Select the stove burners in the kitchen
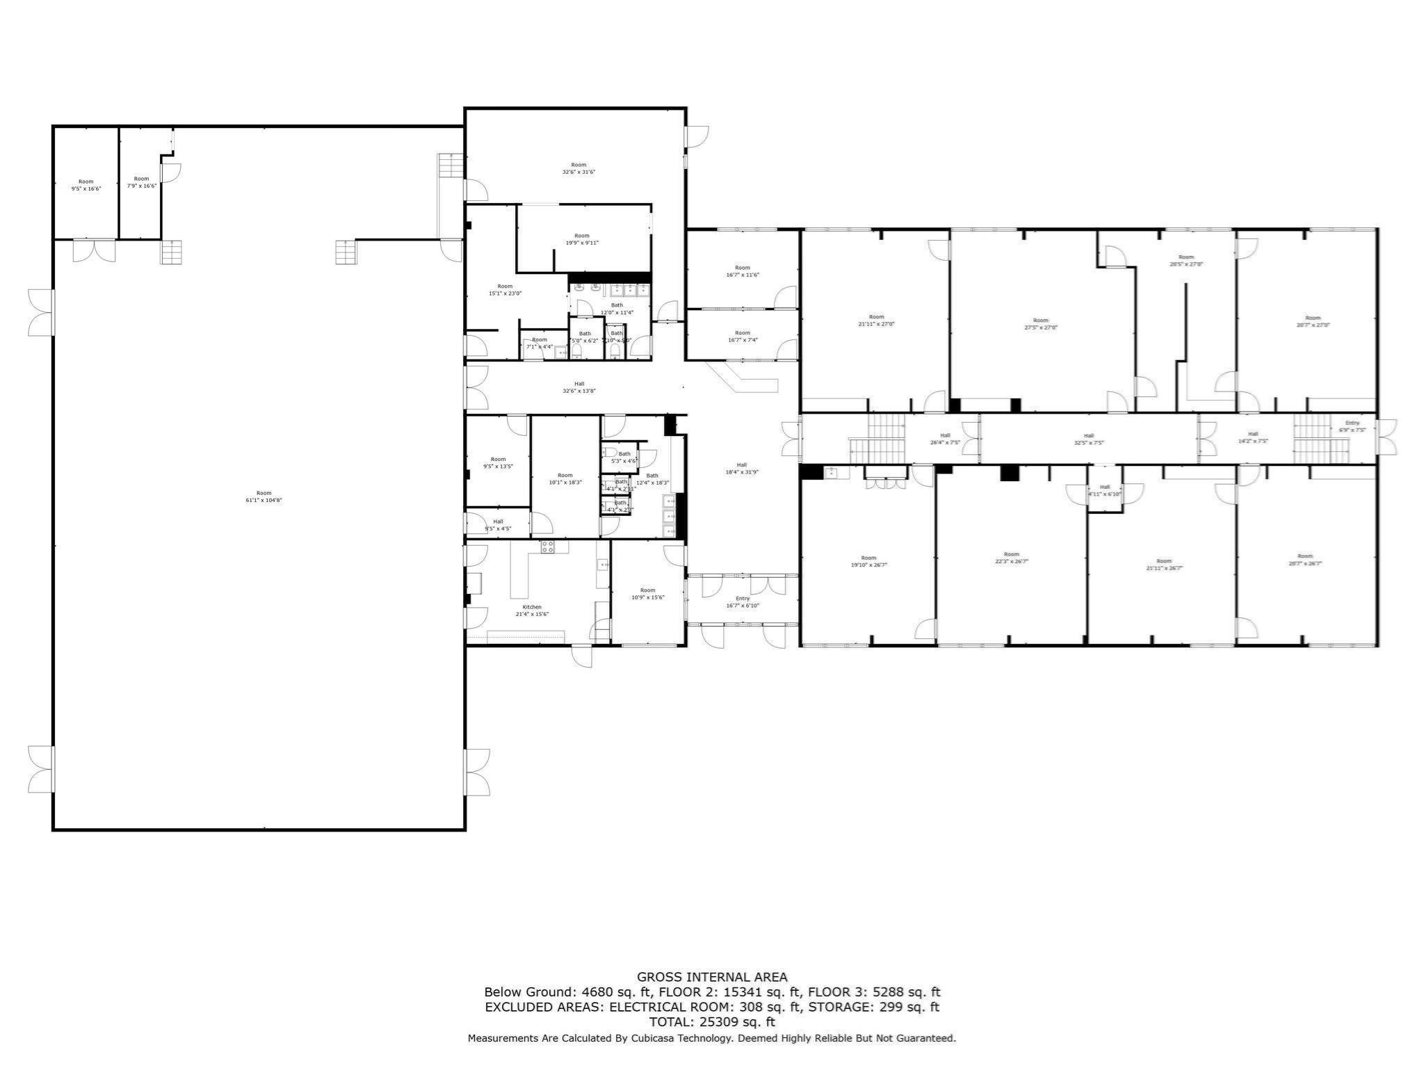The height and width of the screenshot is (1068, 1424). tap(547, 547)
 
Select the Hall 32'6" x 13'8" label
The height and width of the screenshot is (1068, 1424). tap(579, 387)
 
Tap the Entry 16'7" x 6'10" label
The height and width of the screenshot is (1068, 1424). tap(743, 602)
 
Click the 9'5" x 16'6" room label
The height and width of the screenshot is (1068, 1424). tap(86, 185)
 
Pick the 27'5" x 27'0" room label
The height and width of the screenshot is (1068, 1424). tap(1040, 324)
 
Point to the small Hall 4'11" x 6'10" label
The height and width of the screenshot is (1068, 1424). tap(1105, 490)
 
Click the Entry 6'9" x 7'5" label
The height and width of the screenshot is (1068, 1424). tap(1352, 426)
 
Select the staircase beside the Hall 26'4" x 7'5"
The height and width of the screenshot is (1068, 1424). tap(876, 439)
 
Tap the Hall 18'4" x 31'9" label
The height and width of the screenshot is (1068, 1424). tap(742, 469)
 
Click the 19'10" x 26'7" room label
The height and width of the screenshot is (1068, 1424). tap(868, 561)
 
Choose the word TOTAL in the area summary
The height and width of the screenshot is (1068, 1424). tap(671, 1022)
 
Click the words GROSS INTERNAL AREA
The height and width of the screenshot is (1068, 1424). tap(712, 977)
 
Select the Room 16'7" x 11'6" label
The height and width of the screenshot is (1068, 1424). tap(743, 271)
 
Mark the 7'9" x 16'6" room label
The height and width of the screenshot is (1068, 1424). tap(141, 182)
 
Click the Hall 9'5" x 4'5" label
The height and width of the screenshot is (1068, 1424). tap(498, 525)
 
